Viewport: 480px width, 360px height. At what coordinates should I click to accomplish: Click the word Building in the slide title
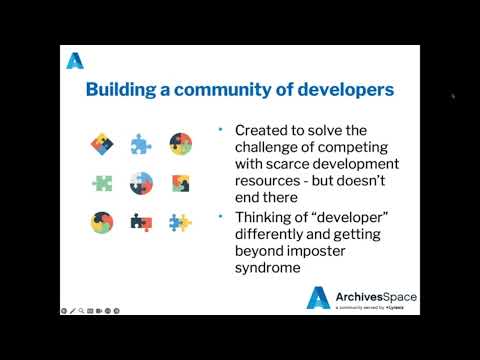120,90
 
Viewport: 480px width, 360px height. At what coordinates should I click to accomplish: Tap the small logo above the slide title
75,61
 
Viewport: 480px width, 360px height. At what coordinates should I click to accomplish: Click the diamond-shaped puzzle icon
102,145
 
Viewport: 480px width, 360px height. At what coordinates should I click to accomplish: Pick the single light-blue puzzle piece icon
140,145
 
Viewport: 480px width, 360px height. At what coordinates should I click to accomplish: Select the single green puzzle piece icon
102,183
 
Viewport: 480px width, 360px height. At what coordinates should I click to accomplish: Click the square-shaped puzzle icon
180,183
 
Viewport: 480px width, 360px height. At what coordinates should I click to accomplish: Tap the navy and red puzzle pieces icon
141,222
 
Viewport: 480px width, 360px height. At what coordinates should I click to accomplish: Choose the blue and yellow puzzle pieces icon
180,222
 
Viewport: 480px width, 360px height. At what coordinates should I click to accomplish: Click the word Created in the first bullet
263,131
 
